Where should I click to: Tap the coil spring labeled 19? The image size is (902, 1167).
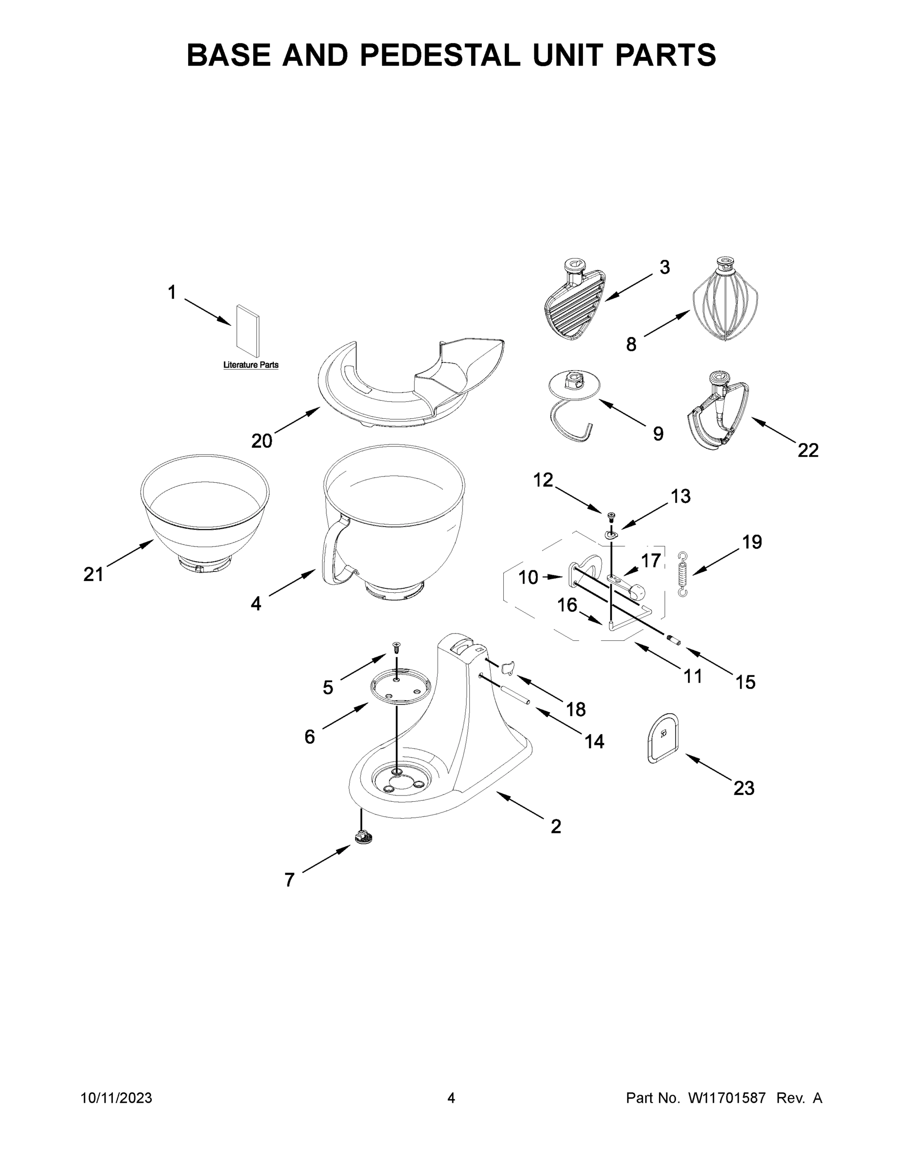(x=682, y=574)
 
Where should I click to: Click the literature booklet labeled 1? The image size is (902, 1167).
(x=249, y=330)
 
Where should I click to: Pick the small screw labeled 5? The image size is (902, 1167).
(x=396, y=648)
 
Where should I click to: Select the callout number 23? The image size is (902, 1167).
(x=743, y=788)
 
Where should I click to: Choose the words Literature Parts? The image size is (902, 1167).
(x=250, y=365)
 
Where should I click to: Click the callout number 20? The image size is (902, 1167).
(x=262, y=441)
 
